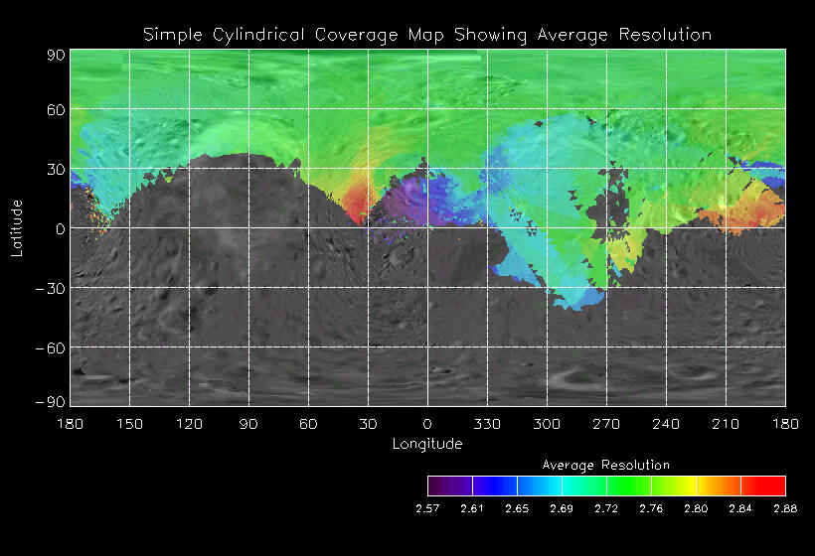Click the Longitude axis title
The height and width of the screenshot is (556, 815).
[427, 444]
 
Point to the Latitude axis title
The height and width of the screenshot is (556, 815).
[17, 227]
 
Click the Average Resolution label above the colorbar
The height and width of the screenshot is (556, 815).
[606, 465]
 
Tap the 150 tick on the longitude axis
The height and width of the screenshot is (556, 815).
[129, 424]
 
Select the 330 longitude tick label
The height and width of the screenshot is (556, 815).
[487, 424]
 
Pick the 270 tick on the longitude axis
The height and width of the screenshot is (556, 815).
[606, 424]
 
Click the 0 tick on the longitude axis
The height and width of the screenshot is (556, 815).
[427, 424]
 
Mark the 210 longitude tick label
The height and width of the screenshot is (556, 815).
[726, 424]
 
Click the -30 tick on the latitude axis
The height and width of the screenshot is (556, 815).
[50, 288]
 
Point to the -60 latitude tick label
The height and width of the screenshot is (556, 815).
[50, 347]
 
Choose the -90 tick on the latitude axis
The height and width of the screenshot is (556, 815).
[50, 401]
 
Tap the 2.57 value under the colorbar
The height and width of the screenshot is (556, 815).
[427, 508]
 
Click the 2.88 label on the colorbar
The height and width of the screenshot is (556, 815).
[785, 508]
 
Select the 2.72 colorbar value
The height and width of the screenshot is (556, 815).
[606, 508]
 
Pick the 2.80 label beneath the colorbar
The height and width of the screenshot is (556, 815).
[696, 508]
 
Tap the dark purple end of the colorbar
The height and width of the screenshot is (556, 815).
[438, 486]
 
